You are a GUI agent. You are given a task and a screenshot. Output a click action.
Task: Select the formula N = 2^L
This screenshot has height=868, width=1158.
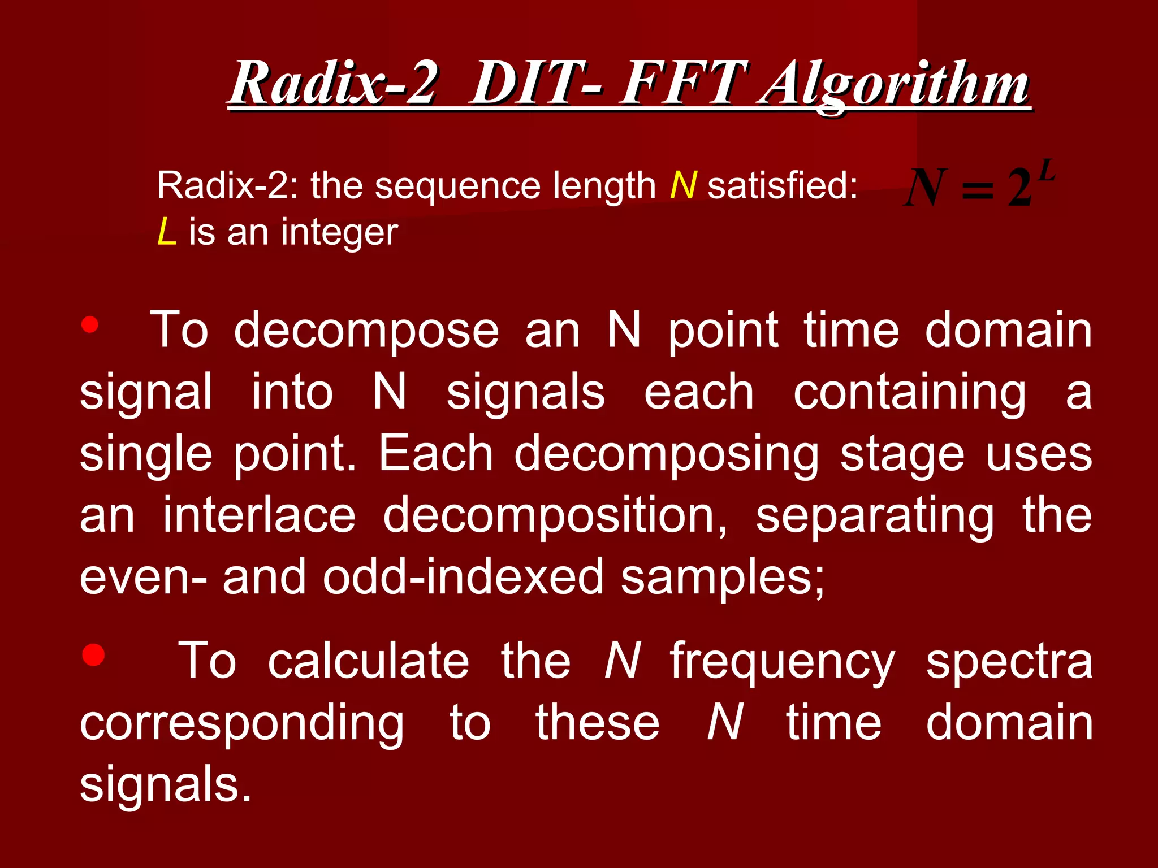point(978,186)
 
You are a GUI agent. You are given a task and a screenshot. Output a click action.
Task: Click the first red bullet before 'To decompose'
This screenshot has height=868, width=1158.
point(90,325)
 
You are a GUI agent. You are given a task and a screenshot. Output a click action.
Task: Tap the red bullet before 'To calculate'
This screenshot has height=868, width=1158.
point(93,656)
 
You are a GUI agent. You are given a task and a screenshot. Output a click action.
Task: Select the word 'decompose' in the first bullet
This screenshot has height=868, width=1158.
point(366,331)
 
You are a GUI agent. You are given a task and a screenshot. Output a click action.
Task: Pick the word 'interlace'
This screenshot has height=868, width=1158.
point(259,515)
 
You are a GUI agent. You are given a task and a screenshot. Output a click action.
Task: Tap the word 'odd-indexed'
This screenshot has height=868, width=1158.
point(463,576)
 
